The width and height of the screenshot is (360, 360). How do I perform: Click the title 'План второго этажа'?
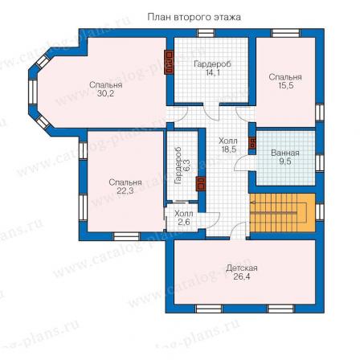point(194,18)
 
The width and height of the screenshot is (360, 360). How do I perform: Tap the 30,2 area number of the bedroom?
point(105,94)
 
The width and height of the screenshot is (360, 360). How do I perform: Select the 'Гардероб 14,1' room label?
point(212,68)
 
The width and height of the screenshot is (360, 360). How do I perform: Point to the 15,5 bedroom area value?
point(285,86)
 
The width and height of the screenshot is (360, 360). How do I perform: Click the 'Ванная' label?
point(285,153)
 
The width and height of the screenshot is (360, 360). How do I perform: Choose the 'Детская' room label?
point(242,268)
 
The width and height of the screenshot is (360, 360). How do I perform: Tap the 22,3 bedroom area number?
point(125,190)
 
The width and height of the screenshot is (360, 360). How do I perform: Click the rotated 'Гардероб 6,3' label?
point(182,166)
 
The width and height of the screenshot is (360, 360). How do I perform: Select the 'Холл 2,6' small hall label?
point(184,218)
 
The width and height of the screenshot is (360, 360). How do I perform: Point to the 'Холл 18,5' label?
point(227,145)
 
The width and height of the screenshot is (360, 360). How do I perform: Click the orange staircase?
point(282,213)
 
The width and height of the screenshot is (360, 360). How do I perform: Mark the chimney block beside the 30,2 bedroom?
point(169,63)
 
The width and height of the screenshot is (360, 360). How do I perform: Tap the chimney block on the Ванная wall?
point(252,143)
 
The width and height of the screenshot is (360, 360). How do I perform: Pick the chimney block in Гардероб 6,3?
point(201,184)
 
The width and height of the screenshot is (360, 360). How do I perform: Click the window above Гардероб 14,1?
point(206,33)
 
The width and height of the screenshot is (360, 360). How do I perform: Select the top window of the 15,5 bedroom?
point(286,33)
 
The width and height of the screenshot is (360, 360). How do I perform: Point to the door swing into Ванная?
point(242,162)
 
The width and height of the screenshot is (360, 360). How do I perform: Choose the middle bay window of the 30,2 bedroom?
point(33,92)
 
